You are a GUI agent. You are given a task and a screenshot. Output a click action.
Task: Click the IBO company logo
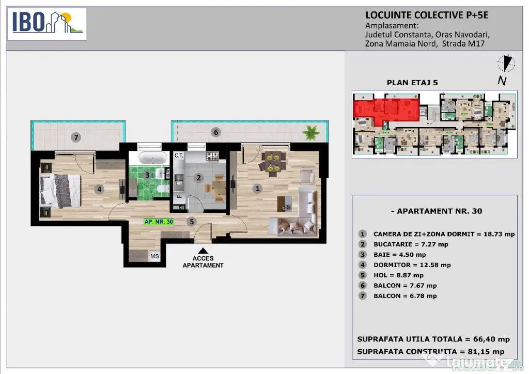tap(47, 24)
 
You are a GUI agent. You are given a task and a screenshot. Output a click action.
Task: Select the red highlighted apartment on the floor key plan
tap(386, 110)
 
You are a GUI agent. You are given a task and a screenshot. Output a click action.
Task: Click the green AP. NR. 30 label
tap(159, 222)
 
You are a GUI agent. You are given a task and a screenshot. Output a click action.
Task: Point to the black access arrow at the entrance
tap(203, 251)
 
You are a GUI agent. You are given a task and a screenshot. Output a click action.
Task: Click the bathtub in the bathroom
tap(153, 158)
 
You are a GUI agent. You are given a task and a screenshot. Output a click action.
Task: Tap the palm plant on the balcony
tap(310, 133)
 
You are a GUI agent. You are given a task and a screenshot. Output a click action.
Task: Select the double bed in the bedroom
tap(61, 191)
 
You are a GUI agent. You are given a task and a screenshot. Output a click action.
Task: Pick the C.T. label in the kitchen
tap(179, 155)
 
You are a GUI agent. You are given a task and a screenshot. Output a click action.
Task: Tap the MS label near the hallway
tap(154, 256)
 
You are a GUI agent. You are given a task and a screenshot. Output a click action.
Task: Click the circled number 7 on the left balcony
tap(76, 137)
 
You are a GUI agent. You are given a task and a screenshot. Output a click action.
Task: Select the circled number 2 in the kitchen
tap(199, 178)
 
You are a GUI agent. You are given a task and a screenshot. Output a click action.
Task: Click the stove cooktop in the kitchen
tap(212, 156)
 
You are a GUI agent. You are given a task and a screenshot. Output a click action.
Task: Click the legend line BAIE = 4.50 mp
tap(399, 255)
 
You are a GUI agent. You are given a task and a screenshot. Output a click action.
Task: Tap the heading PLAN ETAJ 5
tap(412, 83)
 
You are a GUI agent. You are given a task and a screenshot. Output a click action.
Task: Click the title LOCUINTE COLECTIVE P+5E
tap(427, 15)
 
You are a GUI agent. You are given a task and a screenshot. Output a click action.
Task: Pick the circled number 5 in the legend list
tap(362, 275)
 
